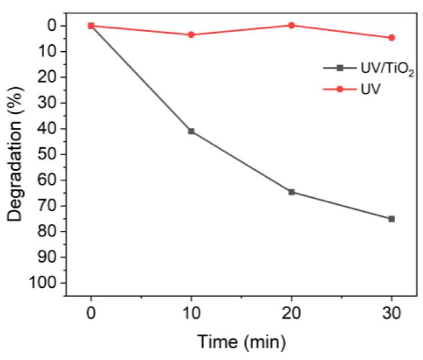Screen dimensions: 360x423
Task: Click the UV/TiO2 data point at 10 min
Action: pos(191,131)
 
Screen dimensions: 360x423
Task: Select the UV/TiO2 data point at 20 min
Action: pos(291,192)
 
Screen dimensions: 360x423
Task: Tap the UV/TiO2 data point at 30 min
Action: pos(391,219)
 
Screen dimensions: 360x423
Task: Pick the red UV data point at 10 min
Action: pos(191,34)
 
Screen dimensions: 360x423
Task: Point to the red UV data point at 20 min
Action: pos(291,25)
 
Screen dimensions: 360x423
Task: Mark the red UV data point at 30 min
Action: pos(391,38)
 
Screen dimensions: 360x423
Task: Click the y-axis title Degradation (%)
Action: pos(17,156)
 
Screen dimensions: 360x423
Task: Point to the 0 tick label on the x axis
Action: pos(91,315)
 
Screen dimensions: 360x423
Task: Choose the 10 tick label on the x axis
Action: pos(191,315)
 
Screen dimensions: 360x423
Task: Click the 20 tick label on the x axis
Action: pos(291,315)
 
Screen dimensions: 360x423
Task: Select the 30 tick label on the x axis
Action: pos(391,315)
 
